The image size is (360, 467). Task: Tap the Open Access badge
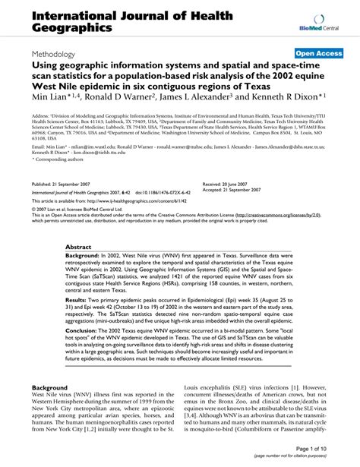(318, 55)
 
